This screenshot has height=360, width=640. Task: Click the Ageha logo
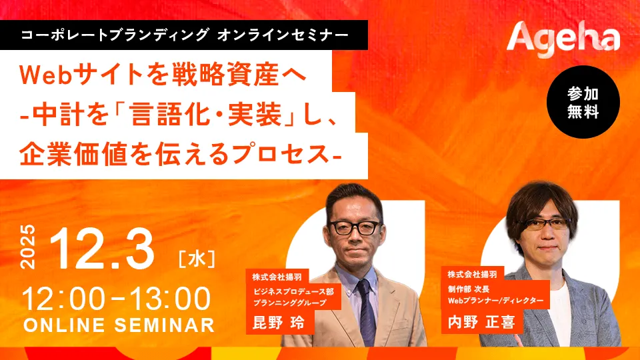pyautogui.click(x=563, y=39)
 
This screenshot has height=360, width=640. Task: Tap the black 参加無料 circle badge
pyautogui.click(x=583, y=102)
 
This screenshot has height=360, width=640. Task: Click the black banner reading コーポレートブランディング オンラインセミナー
pyautogui.click(x=184, y=35)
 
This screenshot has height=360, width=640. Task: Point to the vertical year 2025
pyautogui.click(x=28, y=247)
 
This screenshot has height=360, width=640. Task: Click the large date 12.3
pyautogui.click(x=101, y=249)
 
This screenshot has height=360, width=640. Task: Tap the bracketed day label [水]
pyautogui.click(x=197, y=259)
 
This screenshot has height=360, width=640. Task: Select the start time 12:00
pyautogui.click(x=63, y=299)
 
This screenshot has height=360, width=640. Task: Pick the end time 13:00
pyautogui.click(x=170, y=299)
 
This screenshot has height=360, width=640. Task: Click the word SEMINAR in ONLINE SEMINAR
pyautogui.click(x=164, y=325)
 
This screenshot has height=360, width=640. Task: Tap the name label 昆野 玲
pyautogui.click(x=279, y=323)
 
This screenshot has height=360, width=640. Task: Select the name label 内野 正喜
pyautogui.click(x=481, y=322)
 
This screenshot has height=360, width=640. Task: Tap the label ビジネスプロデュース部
pyautogui.click(x=293, y=291)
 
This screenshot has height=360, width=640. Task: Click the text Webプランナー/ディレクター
pyautogui.click(x=496, y=301)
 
